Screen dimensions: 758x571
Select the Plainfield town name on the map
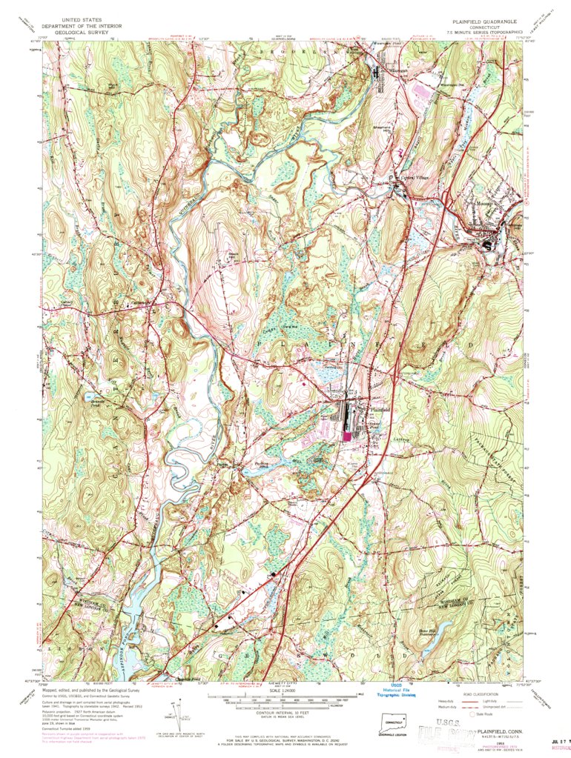[x=380, y=410]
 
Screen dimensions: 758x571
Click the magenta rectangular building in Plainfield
[x=347, y=436]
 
